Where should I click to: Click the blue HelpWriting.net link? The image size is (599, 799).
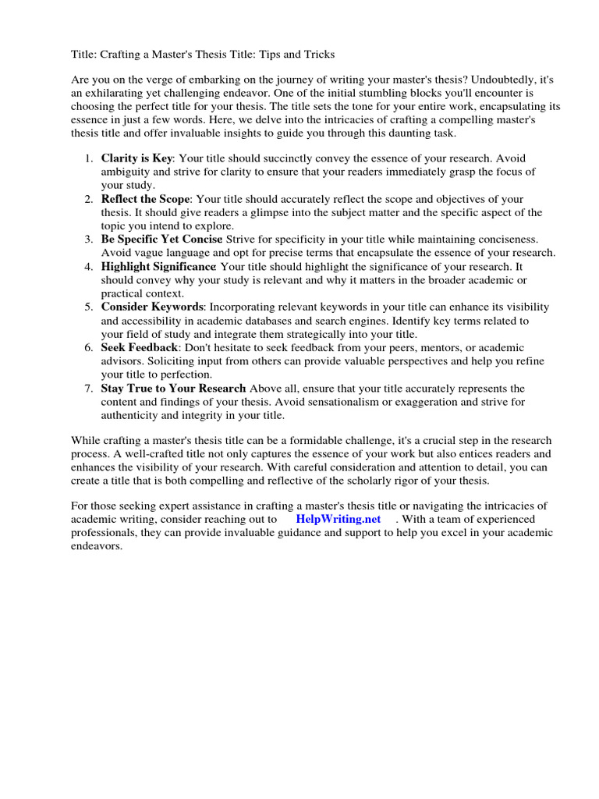(x=338, y=519)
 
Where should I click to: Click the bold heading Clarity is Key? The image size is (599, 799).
(x=136, y=158)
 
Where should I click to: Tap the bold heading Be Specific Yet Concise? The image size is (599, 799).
(x=161, y=239)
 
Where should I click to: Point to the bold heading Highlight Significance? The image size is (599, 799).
(x=158, y=267)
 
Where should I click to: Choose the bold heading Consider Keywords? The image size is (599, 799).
(x=153, y=307)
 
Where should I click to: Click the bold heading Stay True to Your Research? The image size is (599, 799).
(x=173, y=389)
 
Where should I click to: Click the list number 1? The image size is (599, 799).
(x=88, y=158)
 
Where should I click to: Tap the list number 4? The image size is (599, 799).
(x=88, y=267)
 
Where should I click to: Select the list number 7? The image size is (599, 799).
(x=88, y=389)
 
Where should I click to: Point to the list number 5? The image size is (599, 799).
(x=88, y=307)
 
